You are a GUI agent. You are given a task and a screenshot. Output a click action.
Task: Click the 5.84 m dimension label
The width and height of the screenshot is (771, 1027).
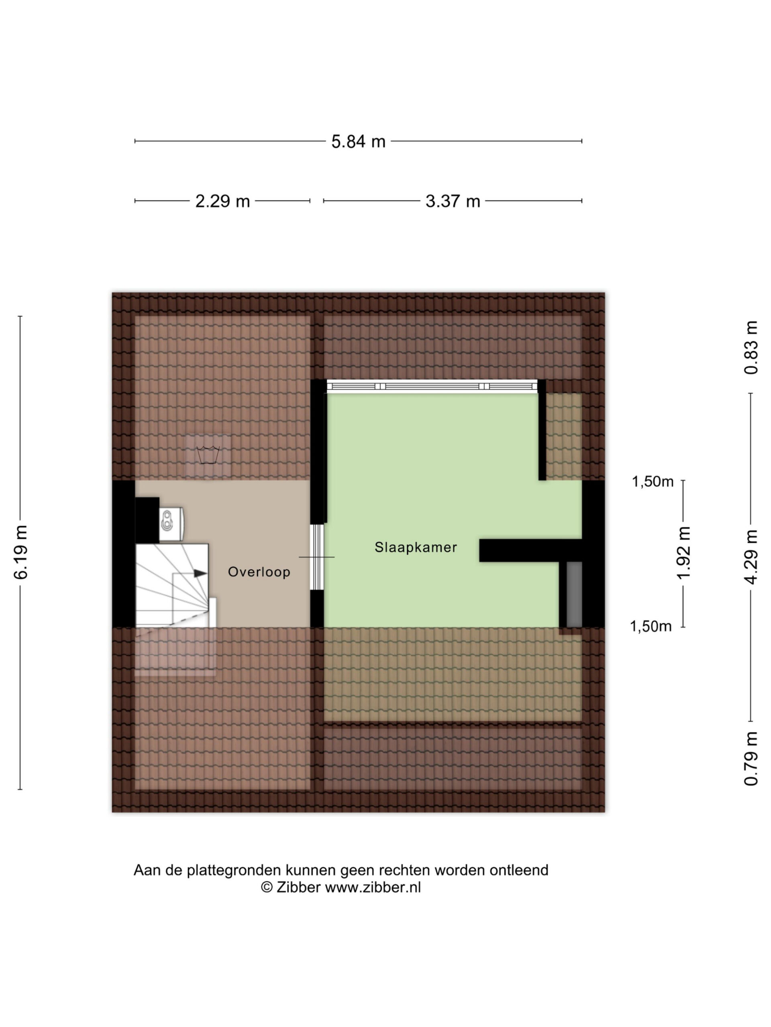pos(358,142)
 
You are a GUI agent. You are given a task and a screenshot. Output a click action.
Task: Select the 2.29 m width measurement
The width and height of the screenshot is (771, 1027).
pos(222,201)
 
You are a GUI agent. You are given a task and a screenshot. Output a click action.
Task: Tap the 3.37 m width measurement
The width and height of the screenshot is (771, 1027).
pos(453,201)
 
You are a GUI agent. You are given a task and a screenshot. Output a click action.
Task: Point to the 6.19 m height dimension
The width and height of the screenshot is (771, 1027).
pos(21,552)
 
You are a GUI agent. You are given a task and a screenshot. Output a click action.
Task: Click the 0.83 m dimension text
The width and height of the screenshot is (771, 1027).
pos(751,348)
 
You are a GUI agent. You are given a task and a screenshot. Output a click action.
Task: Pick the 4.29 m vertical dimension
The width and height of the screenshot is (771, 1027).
pos(751,557)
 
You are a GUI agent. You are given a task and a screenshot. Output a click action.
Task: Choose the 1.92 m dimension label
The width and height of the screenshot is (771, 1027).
pos(683,552)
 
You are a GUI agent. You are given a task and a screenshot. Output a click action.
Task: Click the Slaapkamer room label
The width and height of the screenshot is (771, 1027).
pos(416,547)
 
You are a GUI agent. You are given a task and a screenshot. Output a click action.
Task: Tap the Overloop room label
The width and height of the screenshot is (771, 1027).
pos(259,572)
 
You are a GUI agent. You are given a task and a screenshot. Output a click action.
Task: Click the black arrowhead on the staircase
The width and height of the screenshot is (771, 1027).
pos(200,573)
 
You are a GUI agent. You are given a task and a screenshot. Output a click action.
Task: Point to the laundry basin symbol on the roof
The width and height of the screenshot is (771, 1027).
pos(208,455)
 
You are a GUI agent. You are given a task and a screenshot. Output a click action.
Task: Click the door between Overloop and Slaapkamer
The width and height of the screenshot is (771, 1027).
pos(316,557)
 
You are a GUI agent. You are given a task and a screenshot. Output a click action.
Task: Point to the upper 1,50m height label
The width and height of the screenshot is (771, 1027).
pos(653,482)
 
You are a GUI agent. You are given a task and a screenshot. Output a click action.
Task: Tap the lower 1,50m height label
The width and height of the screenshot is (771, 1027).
pos(651,627)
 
